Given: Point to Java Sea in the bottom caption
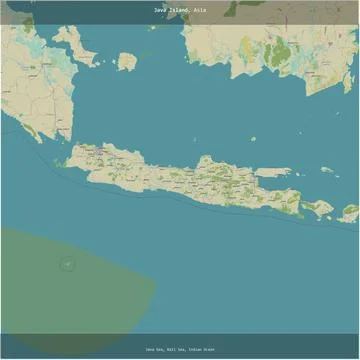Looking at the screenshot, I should coord(153,350).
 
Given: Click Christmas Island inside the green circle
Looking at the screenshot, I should coord(67,264).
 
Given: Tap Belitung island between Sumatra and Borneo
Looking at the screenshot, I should coord(126,62).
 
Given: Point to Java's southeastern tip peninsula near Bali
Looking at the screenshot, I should coord(298,214).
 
